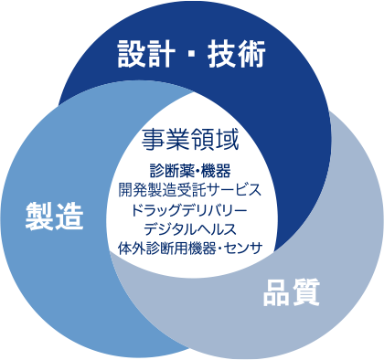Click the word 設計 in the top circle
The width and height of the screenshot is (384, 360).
(144, 54)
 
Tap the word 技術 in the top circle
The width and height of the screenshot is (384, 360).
(237, 54)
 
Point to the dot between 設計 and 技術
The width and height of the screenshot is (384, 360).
(191, 55)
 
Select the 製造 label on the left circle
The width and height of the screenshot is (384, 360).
(54, 217)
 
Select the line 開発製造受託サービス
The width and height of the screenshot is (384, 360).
(190, 190)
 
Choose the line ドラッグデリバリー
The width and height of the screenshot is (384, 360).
(190, 209)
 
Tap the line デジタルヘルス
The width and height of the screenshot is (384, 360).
(190, 228)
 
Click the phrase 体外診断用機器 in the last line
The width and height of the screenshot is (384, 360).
(165, 247)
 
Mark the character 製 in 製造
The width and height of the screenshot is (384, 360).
(39, 217)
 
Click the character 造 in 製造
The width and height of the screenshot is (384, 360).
(69, 217)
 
